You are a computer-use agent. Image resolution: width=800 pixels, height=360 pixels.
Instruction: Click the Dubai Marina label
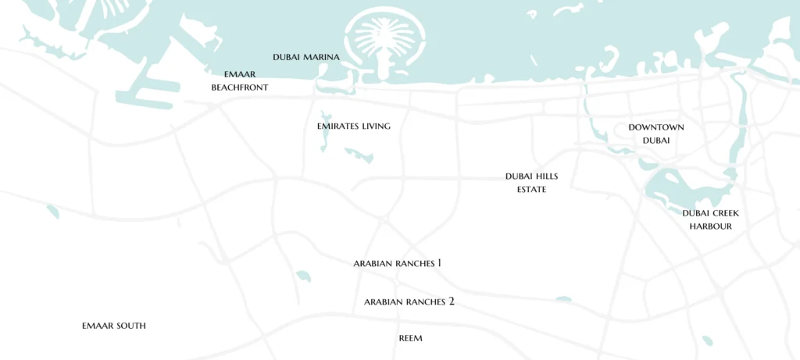coord(306,57)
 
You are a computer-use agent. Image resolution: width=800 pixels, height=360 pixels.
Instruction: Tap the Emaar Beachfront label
coord(240,81)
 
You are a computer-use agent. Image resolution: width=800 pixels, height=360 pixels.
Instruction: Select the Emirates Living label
coord(354,126)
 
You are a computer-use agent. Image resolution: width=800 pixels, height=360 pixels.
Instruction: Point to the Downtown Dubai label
coord(656,134)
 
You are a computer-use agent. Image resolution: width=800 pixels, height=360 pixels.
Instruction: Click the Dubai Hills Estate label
coord(531,183)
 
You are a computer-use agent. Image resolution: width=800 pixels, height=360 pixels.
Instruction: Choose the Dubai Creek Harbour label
coord(710,219)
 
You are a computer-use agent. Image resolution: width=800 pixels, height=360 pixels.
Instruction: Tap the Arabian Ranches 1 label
coord(398,264)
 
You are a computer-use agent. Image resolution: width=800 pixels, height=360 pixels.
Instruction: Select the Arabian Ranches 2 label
coord(409,301)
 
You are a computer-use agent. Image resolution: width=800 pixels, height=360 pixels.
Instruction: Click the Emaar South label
coord(114,326)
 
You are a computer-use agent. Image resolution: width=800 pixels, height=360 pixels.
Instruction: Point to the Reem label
coord(410,339)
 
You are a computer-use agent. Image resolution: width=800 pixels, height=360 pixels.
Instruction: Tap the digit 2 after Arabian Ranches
coord(451,301)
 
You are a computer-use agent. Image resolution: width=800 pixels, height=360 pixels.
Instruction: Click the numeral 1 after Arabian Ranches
coord(439,263)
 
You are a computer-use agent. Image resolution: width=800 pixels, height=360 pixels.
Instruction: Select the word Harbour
coord(710,226)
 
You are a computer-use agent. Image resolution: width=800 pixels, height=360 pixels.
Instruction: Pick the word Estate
coord(531,190)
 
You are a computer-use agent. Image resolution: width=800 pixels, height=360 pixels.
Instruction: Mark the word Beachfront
coord(240,88)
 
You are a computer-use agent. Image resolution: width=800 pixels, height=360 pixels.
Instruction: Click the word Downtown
coord(656,127)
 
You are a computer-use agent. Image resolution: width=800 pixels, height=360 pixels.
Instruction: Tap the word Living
coord(376,126)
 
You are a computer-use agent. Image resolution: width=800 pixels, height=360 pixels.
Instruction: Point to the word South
coord(131,326)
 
